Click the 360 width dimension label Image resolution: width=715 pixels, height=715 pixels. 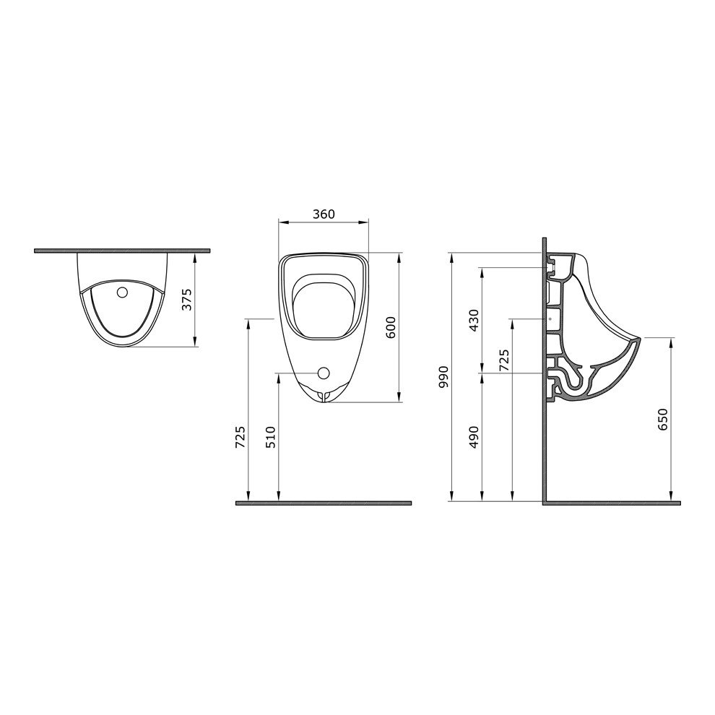coord(324,214)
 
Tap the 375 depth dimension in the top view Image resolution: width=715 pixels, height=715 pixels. coord(187,300)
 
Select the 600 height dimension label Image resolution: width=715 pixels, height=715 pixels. coord(391,327)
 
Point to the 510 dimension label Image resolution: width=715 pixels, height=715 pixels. coord(271,437)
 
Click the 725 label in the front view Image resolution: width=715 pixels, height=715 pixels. coord(240,437)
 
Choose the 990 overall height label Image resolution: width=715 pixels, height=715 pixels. coord(443,377)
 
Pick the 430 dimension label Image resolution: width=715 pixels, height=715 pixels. coord(474,320)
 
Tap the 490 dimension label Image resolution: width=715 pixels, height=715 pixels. coord(474,437)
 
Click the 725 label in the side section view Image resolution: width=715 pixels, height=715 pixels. coord(504,360)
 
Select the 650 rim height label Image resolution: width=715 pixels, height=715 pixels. coord(663,419)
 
